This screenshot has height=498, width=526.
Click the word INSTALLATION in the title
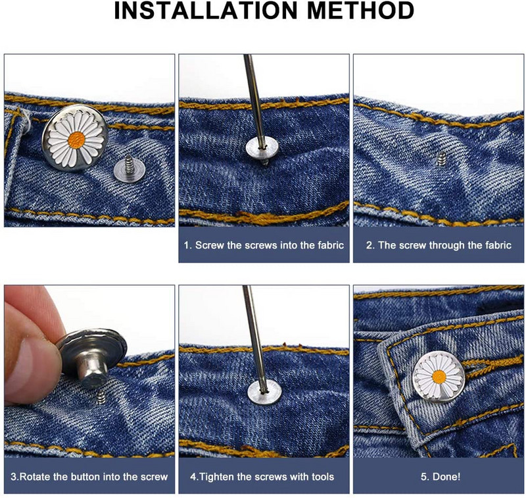coord(206,11)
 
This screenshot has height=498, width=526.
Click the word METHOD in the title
coord(360,11)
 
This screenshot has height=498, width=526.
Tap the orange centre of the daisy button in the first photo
coord(76,140)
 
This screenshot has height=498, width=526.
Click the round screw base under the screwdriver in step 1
coord(262,148)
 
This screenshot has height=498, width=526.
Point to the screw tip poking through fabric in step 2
coord(442,158)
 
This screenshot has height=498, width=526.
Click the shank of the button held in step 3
coord(94,369)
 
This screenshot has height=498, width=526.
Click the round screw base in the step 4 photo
coord(264,393)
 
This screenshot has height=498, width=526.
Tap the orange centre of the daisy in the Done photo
coord(439,377)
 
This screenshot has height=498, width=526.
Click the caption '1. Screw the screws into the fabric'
coord(264,245)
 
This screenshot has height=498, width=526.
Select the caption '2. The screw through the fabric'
coord(439,245)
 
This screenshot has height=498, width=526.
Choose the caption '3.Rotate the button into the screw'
coord(89,476)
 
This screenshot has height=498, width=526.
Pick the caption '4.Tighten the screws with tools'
coord(262,476)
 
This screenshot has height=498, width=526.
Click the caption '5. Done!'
coord(441,476)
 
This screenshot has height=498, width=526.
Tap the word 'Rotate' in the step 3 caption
coord(36,476)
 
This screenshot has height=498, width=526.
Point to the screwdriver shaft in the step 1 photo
coord(254,99)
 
